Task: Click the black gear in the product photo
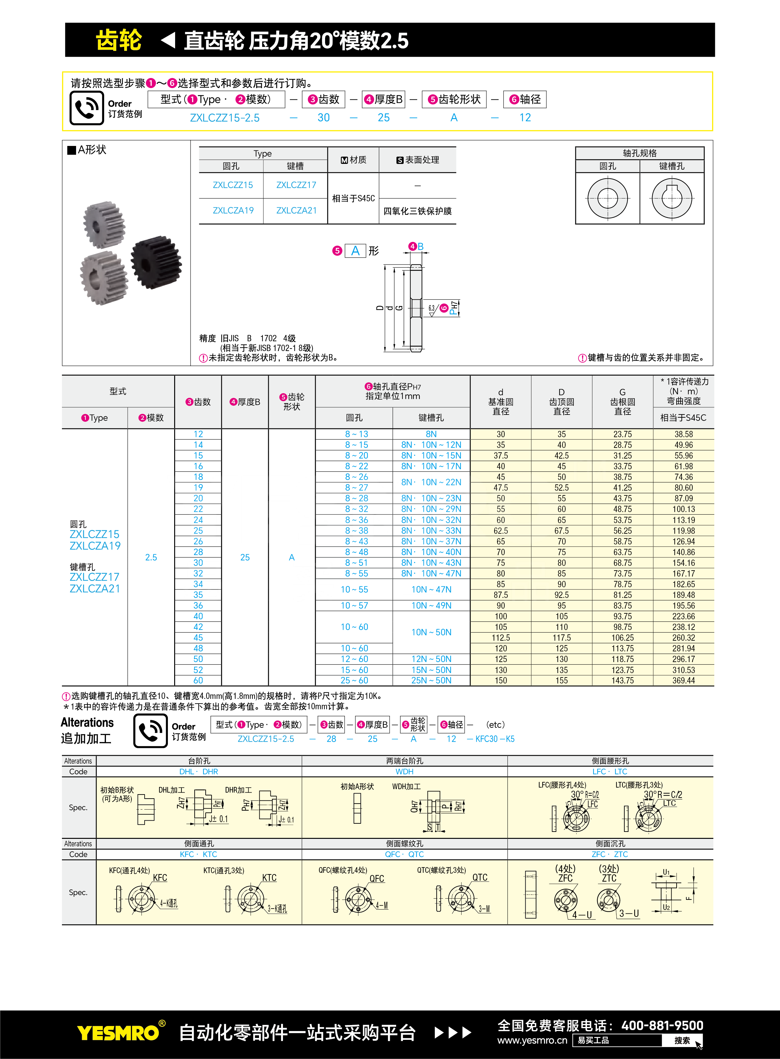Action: (156, 263)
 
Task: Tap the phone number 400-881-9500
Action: (662, 1025)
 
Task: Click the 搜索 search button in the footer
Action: (682, 1040)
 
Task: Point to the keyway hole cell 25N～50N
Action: (431, 681)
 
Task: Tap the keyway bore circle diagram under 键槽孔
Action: (672, 198)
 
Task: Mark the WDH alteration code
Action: (404, 771)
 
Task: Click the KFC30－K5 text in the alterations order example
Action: (495, 739)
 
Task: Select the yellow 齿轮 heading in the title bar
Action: (119, 40)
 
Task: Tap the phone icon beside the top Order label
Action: (86, 108)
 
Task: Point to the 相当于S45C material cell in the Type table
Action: (353, 198)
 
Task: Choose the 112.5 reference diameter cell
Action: (501, 638)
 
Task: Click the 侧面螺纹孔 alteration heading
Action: (404, 844)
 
